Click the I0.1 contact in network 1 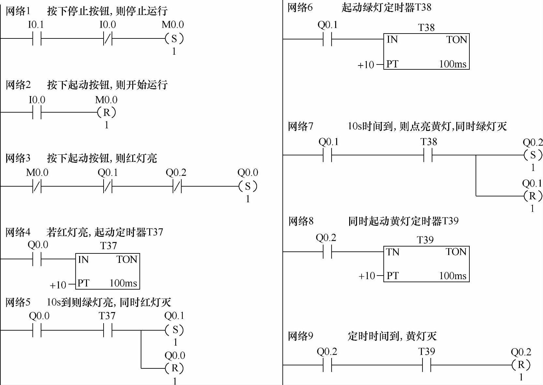37,39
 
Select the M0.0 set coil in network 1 174,39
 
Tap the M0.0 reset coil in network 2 107,113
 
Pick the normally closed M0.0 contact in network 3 37,187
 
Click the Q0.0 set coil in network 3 248,186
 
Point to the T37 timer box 107,271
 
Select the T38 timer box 426,51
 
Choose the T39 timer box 426,264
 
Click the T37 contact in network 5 107,330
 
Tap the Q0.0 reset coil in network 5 175,368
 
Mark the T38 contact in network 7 428,155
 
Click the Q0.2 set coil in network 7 533,155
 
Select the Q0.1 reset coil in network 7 533,196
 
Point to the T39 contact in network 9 427,365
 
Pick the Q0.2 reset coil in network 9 521,365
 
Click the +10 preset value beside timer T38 366,65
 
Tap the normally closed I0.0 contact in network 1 108,39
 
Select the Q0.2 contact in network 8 327,252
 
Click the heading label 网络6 300,7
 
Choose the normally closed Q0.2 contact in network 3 177,187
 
